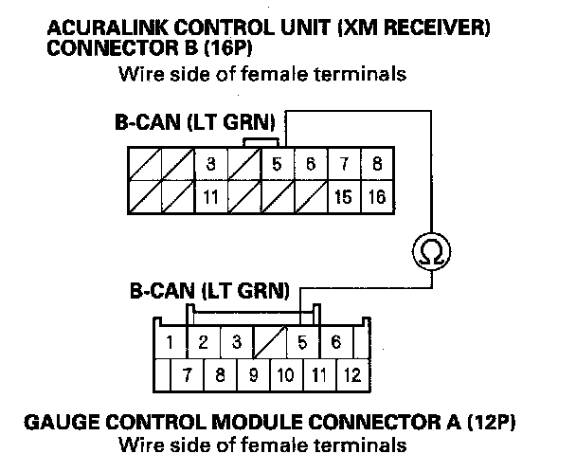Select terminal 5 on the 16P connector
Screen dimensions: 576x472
tap(278, 164)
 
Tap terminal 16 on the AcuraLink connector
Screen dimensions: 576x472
tap(377, 197)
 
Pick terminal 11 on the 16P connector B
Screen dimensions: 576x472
tap(211, 197)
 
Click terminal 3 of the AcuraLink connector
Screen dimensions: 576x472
tap(211, 164)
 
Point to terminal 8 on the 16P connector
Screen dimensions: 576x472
tap(377, 164)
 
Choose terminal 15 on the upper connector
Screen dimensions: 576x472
tap(344, 197)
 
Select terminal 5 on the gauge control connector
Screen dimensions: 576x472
tap(302, 342)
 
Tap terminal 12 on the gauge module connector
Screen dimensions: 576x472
tap(352, 375)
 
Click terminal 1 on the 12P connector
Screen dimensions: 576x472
tap(170, 342)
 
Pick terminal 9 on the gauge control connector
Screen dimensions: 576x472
tap(254, 375)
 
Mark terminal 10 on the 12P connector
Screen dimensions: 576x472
tap(286, 375)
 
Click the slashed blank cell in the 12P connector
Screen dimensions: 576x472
tap(270, 342)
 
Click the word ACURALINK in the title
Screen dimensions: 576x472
tap(106, 27)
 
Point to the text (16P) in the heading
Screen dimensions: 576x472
tap(228, 47)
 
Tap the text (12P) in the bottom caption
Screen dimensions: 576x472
tap(491, 423)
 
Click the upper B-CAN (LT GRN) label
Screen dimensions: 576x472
tap(195, 122)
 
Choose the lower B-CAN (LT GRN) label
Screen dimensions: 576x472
tap(209, 291)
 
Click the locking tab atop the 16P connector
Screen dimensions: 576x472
tap(261, 142)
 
